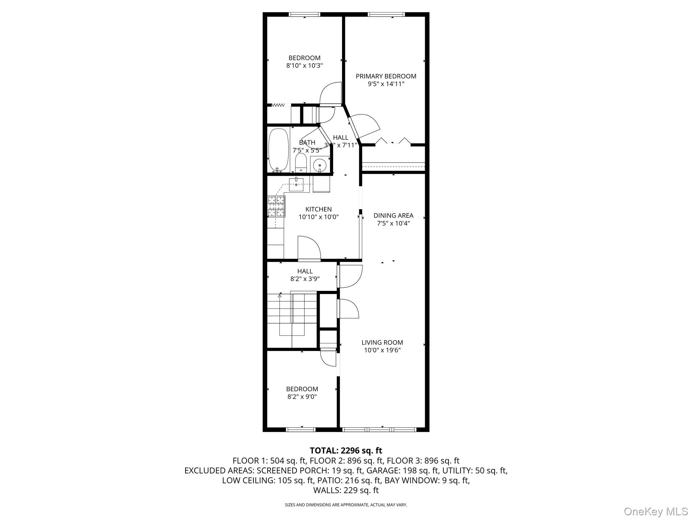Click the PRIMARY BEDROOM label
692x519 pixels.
click(386, 76)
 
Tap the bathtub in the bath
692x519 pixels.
click(278, 150)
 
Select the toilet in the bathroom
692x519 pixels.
click(300, 164)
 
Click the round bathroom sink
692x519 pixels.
click(319, 165)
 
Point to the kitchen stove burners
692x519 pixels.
click(276, 206)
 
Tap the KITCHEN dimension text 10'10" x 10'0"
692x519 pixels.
click(318, 217)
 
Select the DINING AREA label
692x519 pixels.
click(393, 216)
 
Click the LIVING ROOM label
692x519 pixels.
click(382, 342)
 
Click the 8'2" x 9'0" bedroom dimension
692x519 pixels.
click(302, 397)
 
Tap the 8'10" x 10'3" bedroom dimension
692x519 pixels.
click(304, 66)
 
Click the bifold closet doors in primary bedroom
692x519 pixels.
click(393, 141)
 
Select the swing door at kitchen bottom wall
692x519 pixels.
click(309, 249)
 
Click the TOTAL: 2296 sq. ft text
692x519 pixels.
click(346, 450)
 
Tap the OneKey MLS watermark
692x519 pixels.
click(656, 511)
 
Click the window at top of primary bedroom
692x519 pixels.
click(386, 14)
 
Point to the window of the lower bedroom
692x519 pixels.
click(300, 430)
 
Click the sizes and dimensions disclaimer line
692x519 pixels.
click(346, 505)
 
